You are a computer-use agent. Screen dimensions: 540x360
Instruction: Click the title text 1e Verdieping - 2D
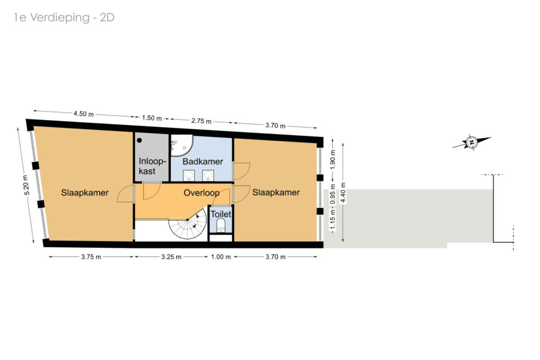[64, 17]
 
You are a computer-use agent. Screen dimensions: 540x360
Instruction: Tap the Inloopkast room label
[152, 166]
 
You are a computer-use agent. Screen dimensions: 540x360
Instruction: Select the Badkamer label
[202, 161]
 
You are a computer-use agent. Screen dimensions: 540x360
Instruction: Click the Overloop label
[201, 193]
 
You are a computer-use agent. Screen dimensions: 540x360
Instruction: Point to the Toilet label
[221, 214]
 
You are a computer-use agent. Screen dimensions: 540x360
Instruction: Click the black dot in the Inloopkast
[139, 140]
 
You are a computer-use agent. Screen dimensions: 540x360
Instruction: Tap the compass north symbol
[471, 142]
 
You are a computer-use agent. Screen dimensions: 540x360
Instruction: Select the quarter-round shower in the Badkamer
[182, 145]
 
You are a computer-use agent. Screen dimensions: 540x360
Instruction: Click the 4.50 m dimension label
[83, 113]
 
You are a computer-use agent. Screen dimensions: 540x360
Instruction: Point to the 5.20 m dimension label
[26, 185]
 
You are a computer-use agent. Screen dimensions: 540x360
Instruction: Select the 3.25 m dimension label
[171, 257]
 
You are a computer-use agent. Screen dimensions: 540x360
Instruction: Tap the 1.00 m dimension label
[221, 257]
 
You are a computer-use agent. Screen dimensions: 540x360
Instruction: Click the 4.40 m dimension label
[343, 193]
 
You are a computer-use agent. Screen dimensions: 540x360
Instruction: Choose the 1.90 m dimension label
[333, 160]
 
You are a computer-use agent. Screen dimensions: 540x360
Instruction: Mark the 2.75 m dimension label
[201, 121]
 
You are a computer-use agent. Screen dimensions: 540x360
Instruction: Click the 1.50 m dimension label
[152, 118]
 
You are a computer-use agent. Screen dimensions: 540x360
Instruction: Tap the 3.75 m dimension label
[91, 257]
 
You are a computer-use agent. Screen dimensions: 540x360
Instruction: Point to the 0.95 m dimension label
[333, 194]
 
